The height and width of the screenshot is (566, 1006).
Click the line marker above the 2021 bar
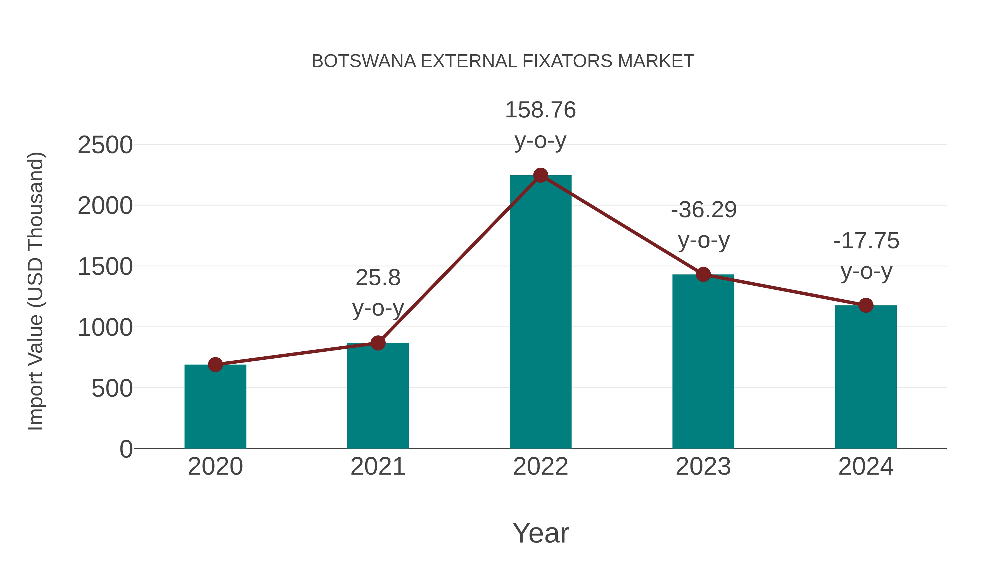point(378,343)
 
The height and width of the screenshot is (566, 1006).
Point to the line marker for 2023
point(703,274)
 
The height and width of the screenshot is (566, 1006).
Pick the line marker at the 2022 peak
point(540,175)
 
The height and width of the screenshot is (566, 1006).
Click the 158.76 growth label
point(540,110)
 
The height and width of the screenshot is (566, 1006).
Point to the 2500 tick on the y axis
point(105,145)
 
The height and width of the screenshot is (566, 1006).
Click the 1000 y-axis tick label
point(105,328)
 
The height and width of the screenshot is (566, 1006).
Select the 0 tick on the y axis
point(126,449)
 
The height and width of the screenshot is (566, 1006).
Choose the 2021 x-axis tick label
point(378,466)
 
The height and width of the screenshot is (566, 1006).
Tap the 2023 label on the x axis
point(703,466)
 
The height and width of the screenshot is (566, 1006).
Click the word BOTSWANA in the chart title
point(364,61)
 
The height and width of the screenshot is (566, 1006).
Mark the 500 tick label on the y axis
point(112,389)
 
